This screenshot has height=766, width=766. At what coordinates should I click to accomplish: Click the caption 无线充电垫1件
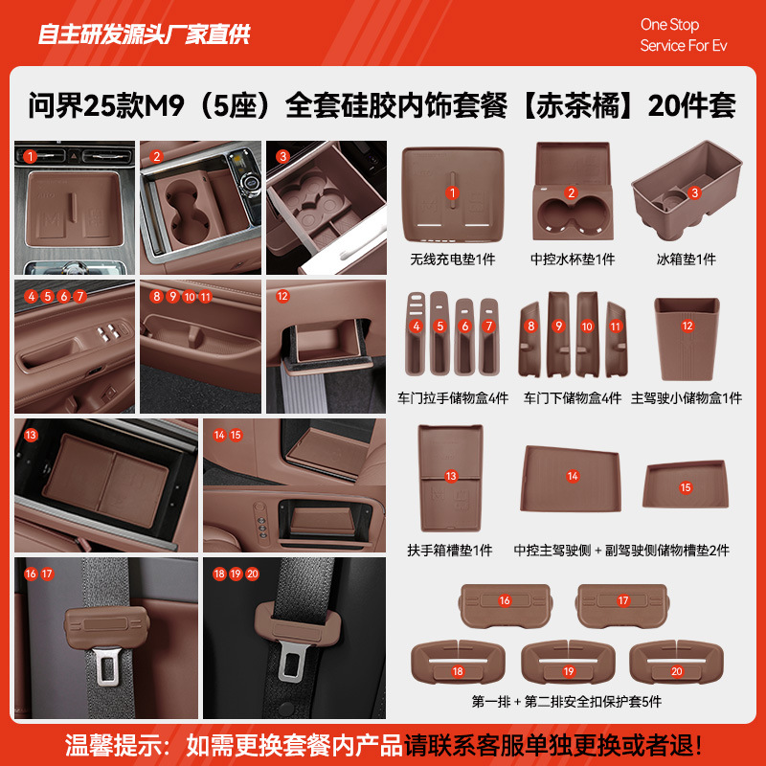(452, 259)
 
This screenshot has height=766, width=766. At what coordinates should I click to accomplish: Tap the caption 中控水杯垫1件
(572, 259)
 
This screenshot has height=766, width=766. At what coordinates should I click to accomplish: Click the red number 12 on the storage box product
(687, 326)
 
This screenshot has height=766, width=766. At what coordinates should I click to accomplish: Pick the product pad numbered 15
(686, 487)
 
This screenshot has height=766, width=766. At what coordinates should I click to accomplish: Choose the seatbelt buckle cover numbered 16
(505, 601)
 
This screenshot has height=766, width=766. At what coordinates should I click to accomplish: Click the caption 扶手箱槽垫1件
(450, 551)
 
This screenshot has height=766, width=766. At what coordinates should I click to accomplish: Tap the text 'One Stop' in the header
(669, 25)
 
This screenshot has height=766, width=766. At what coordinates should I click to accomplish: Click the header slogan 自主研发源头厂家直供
(144, 34)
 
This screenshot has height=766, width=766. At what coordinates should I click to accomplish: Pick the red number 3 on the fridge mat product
(695, 191)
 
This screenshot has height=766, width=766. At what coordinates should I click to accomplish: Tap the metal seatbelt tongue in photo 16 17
(108, 669)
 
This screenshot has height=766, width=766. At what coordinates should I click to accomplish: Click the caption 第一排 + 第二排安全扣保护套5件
(566, 702)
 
